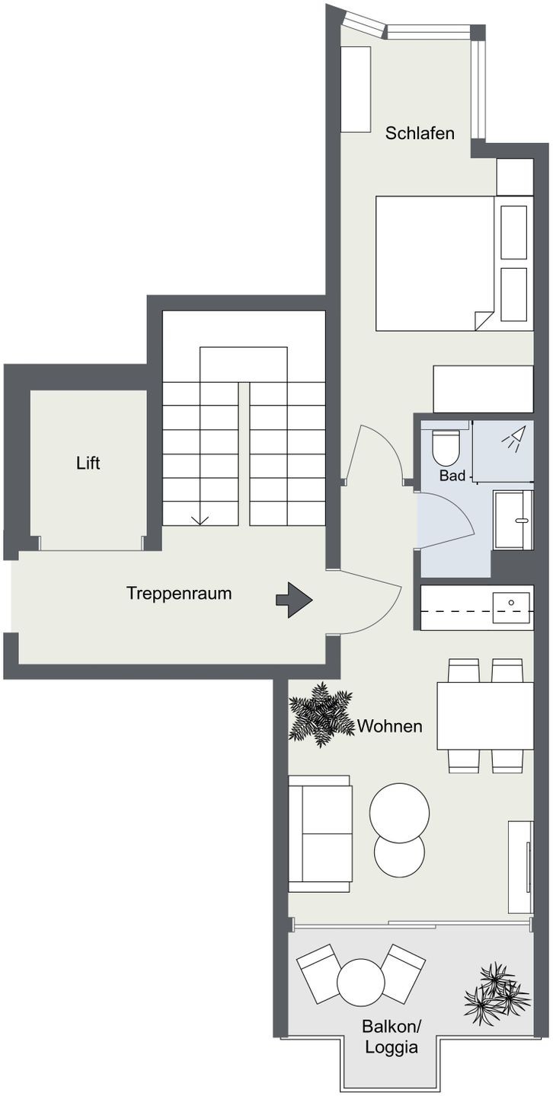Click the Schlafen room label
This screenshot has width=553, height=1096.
click(419, 133)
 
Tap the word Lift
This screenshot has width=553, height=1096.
click(88, 463)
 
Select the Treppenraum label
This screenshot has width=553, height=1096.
click(179, 594)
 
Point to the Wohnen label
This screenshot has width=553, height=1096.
click(389, 726)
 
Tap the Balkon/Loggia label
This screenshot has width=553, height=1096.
click(392, 1036)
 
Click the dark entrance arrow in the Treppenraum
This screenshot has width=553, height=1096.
click(294, 600)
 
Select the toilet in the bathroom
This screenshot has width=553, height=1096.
click(446, 447)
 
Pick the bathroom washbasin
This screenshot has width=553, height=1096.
click(513, 520)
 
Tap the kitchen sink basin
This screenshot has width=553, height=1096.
click(511, 607)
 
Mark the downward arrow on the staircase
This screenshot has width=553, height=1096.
click(200, 520)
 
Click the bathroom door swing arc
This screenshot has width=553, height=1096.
click(458, 519)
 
